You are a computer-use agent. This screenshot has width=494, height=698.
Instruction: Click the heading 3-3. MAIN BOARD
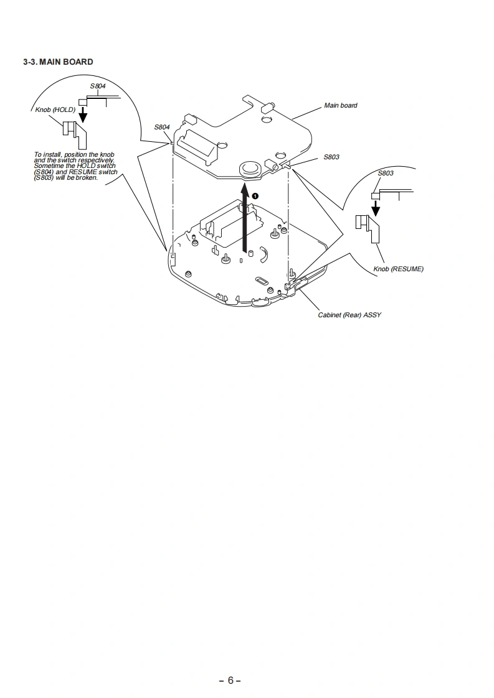[x=58, y=62]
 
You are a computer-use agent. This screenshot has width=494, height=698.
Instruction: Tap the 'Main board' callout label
[x=341, y=105]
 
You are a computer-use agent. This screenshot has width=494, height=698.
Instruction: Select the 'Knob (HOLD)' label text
[x=55, y=109]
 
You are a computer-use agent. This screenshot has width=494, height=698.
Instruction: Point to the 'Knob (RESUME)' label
[x=398, y=269]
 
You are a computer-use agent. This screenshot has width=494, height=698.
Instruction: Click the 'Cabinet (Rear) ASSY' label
[x=349, y=315]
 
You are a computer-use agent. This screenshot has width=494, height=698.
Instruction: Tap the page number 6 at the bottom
[x=230, y=680]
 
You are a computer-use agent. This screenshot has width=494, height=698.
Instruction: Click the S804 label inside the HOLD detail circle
[x=98, y=86]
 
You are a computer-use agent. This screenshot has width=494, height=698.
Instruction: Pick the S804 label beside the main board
[x=162, y=127]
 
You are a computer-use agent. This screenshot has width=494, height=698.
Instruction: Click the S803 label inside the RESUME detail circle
[x=386, y=173]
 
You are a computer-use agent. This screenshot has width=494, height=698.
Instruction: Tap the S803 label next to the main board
[x=331, y=157]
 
